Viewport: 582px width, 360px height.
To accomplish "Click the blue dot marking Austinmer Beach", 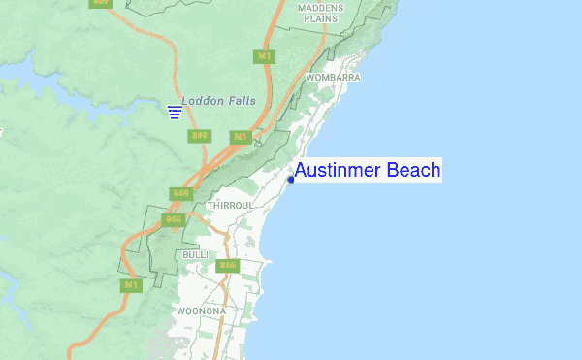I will point(292,179).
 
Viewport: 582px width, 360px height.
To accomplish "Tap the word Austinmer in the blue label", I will point(338,171).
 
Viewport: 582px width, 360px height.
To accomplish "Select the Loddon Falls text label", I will point(216,100).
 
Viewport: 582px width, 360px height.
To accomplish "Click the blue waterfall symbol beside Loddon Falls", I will point(175,112).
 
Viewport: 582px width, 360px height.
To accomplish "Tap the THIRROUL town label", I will point(230,206).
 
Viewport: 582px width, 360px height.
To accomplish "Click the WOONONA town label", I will point(202,311).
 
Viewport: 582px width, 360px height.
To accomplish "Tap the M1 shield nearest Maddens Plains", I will point(264,56).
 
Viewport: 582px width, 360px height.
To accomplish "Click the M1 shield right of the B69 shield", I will point(240,136).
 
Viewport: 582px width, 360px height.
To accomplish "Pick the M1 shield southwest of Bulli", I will point(129,285).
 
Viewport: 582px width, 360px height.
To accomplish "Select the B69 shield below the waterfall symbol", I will point(200,135).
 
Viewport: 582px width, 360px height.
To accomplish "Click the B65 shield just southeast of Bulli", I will point(228,265).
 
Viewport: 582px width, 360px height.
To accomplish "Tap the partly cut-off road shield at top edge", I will point(100,3).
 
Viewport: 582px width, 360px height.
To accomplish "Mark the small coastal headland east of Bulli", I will point(269,262).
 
